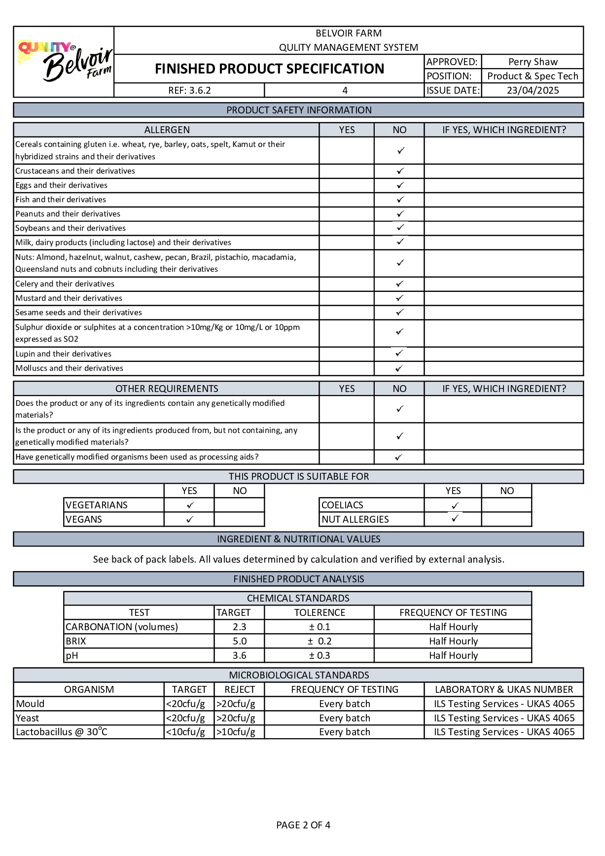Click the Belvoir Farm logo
coord(64,62)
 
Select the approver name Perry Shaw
coord(533,62)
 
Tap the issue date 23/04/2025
coord(533,90)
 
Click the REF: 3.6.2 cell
coord(189,90)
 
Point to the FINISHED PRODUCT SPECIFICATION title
coord(269,69)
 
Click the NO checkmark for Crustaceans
coord(400,171)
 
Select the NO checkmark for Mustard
coord(400,298)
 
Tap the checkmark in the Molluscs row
coord(399,368)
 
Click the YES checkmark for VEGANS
coord(190,519)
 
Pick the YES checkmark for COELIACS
coord(455,505)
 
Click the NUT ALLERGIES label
coord(355,519)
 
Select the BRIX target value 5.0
coord(240,641)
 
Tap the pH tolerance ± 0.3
coord(320,655)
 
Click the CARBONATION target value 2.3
coord(240,627)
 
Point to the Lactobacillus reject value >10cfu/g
coord(236,732)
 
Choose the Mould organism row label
coord(31,704)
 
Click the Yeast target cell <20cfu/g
coord(186,718)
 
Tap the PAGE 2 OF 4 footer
coord(303,825)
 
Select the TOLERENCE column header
coord(320,612)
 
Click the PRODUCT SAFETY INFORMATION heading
coord(299,110)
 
